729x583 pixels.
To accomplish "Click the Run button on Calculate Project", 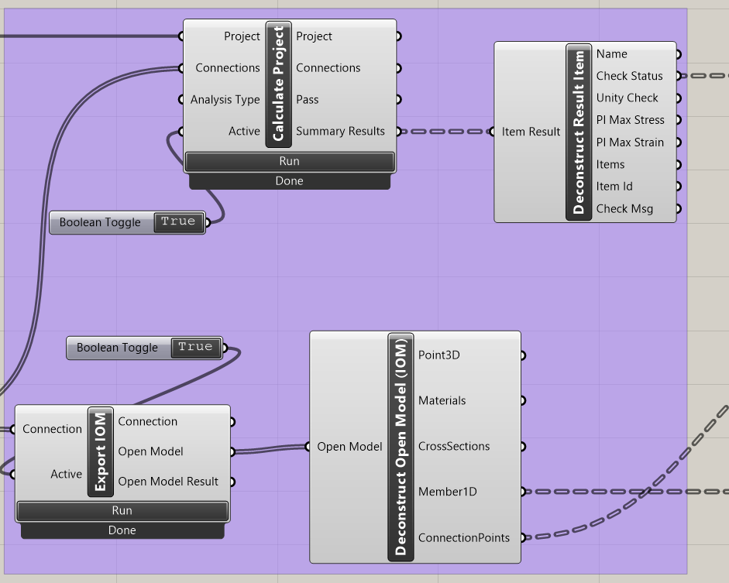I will tap(289, 161).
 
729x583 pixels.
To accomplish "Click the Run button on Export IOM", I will tap(122, 511).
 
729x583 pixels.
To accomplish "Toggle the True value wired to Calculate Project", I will tap(178, 222).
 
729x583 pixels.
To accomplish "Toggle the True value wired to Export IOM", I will tap(195, 348).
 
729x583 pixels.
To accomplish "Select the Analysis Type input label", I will tap(225, 100).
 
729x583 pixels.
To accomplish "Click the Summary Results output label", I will tap(340, 132).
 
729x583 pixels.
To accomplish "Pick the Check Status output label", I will tap(629, 76).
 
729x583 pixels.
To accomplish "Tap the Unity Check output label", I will tap(627, 98).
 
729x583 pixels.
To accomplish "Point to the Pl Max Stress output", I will tap(630, 120).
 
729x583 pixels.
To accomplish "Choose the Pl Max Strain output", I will tap(630, 142).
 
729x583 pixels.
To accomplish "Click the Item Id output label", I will tap(614, 187).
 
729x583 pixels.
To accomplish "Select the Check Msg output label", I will tap(624, 209).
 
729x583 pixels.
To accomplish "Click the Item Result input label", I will tap(531, 132).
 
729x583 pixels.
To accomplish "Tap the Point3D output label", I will tap(439, 355).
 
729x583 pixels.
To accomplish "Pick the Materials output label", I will tap(442, 401).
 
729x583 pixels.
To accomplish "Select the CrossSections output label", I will tap(453, 447).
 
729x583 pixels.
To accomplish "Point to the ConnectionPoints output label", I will tap(463, 538).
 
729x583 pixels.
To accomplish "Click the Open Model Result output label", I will tap(168, 482).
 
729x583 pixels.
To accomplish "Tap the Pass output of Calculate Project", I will tap(307, 100).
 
